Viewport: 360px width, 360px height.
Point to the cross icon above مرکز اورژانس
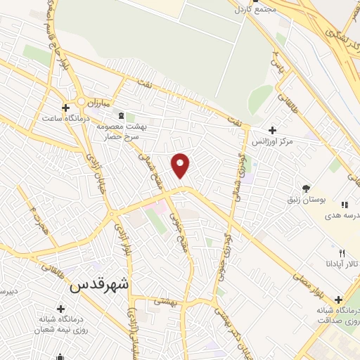272,129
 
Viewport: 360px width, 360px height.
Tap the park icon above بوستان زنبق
306,188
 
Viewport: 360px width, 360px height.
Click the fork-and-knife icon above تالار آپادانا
342,252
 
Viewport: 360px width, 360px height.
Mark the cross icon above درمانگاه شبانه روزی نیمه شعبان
60,309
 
